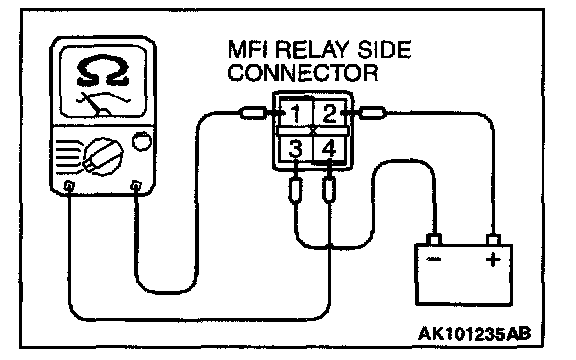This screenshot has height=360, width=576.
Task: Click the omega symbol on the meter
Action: (x=103, y=71)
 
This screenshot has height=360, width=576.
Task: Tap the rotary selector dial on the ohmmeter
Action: (x=103, y=156)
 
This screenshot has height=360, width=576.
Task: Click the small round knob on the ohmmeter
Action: (x=141, y=141)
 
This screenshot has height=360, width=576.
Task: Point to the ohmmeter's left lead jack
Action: (x=69, y=185)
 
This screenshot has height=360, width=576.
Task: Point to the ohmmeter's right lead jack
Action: (x=136, y=185)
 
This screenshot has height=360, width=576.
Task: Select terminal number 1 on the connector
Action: (x=296, y=114)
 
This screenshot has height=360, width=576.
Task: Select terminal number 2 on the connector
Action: (x=329, y=114)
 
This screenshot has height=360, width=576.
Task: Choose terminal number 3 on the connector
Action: (x=295, y=148)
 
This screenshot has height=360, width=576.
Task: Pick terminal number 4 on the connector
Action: (x=329, y=148)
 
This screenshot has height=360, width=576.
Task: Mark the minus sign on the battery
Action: (x=434, y=260)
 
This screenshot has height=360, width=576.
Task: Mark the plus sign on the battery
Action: (x=493, y=260)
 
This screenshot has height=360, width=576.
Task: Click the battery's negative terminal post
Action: (x=434, y=240)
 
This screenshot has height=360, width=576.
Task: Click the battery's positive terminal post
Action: (x=493, y=240)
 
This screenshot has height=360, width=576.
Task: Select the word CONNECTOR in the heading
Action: (x=303, y=72)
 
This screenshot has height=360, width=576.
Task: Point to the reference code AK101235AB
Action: (x=475, y=334)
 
